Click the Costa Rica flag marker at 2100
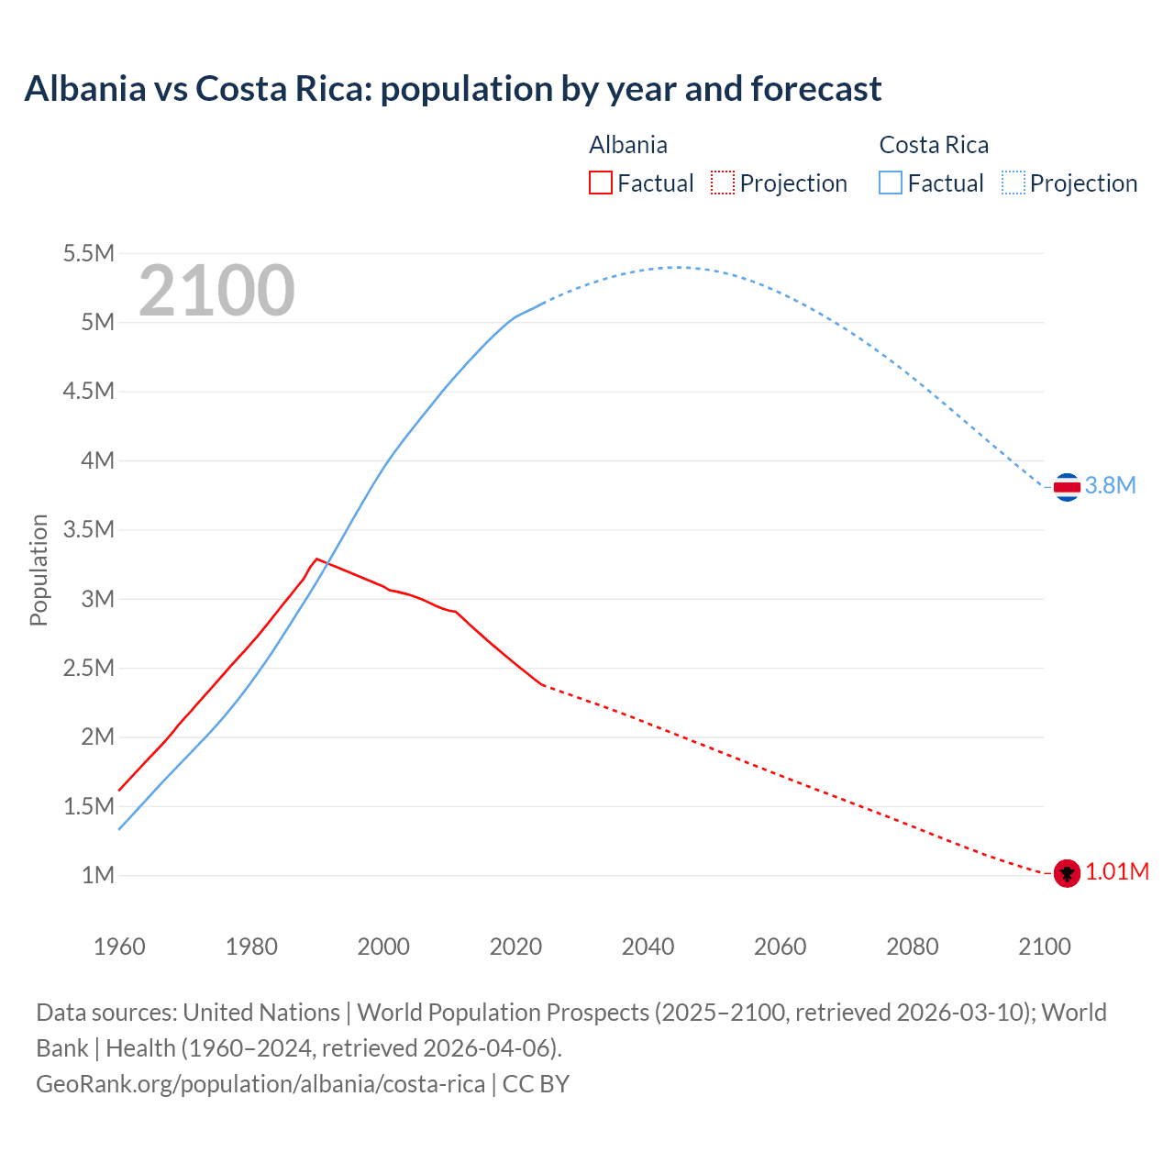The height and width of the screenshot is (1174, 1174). (1066, 486)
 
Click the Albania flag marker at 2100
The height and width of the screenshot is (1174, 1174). (1066, 873)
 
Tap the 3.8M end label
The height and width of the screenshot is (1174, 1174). (1110, 486)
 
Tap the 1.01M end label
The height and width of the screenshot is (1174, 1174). (1117, 872)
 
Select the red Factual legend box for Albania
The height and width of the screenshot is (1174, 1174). (600, 183)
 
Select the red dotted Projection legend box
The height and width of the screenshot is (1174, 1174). (723, 183)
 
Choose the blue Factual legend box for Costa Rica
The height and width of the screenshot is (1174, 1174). (891, 183)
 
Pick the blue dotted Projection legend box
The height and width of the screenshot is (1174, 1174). (1013, 183)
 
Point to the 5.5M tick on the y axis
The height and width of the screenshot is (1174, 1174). (88, 253)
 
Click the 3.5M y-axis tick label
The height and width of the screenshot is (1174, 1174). (88, 529)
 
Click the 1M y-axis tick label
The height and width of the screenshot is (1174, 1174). (97, 875)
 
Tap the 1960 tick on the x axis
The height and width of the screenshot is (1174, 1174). (119, 947)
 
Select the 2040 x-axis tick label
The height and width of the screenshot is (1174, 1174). (648, 947)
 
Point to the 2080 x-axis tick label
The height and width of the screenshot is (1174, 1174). (912, 947)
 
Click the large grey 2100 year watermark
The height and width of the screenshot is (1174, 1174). (216, 291)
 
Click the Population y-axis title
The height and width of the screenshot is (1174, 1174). (39, 570)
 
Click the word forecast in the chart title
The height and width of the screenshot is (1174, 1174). (815, 89)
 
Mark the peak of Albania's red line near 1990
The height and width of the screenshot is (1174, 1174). (316, 559)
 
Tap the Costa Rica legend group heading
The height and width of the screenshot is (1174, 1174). (934, 145)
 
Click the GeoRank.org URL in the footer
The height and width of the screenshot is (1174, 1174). (260, 1083)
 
